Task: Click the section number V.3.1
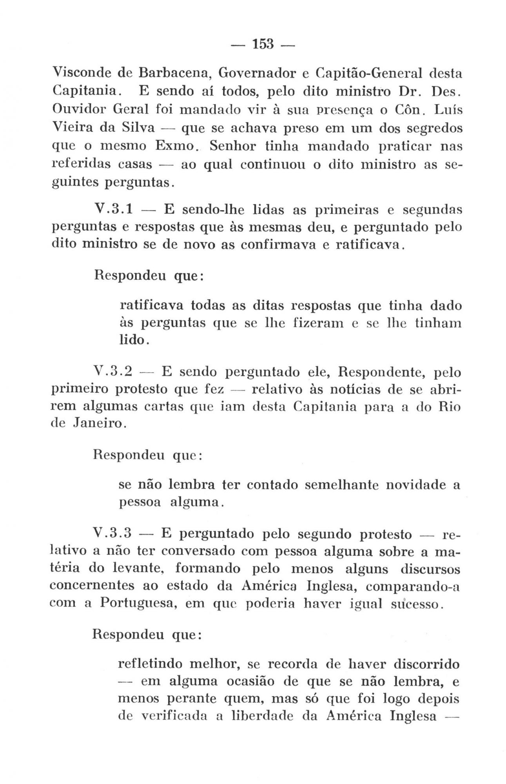point(112,210)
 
